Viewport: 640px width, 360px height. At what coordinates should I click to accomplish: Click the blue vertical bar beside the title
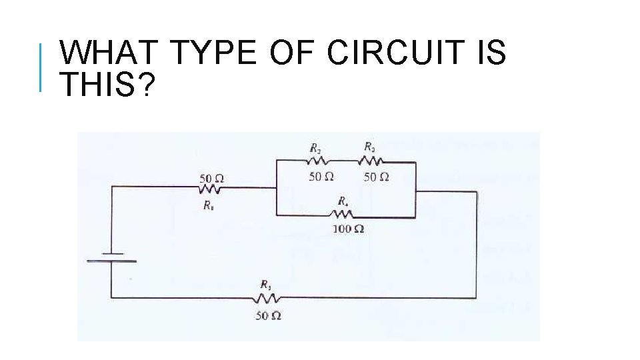point(41,67)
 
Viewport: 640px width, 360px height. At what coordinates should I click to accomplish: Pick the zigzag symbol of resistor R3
point(371,161)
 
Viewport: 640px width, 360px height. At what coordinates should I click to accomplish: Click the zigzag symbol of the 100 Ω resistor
point(343,215)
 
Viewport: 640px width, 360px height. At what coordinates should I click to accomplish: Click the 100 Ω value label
point(348,229)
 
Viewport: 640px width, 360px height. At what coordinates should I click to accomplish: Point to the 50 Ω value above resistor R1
point(211,178)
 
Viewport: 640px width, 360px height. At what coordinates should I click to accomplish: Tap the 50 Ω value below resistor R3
point(376,177)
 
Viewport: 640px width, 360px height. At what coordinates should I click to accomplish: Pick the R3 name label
point(369,146)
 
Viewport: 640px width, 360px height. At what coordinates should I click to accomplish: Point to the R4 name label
point(342,201)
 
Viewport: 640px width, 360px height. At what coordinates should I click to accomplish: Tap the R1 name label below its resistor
point(209,205)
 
